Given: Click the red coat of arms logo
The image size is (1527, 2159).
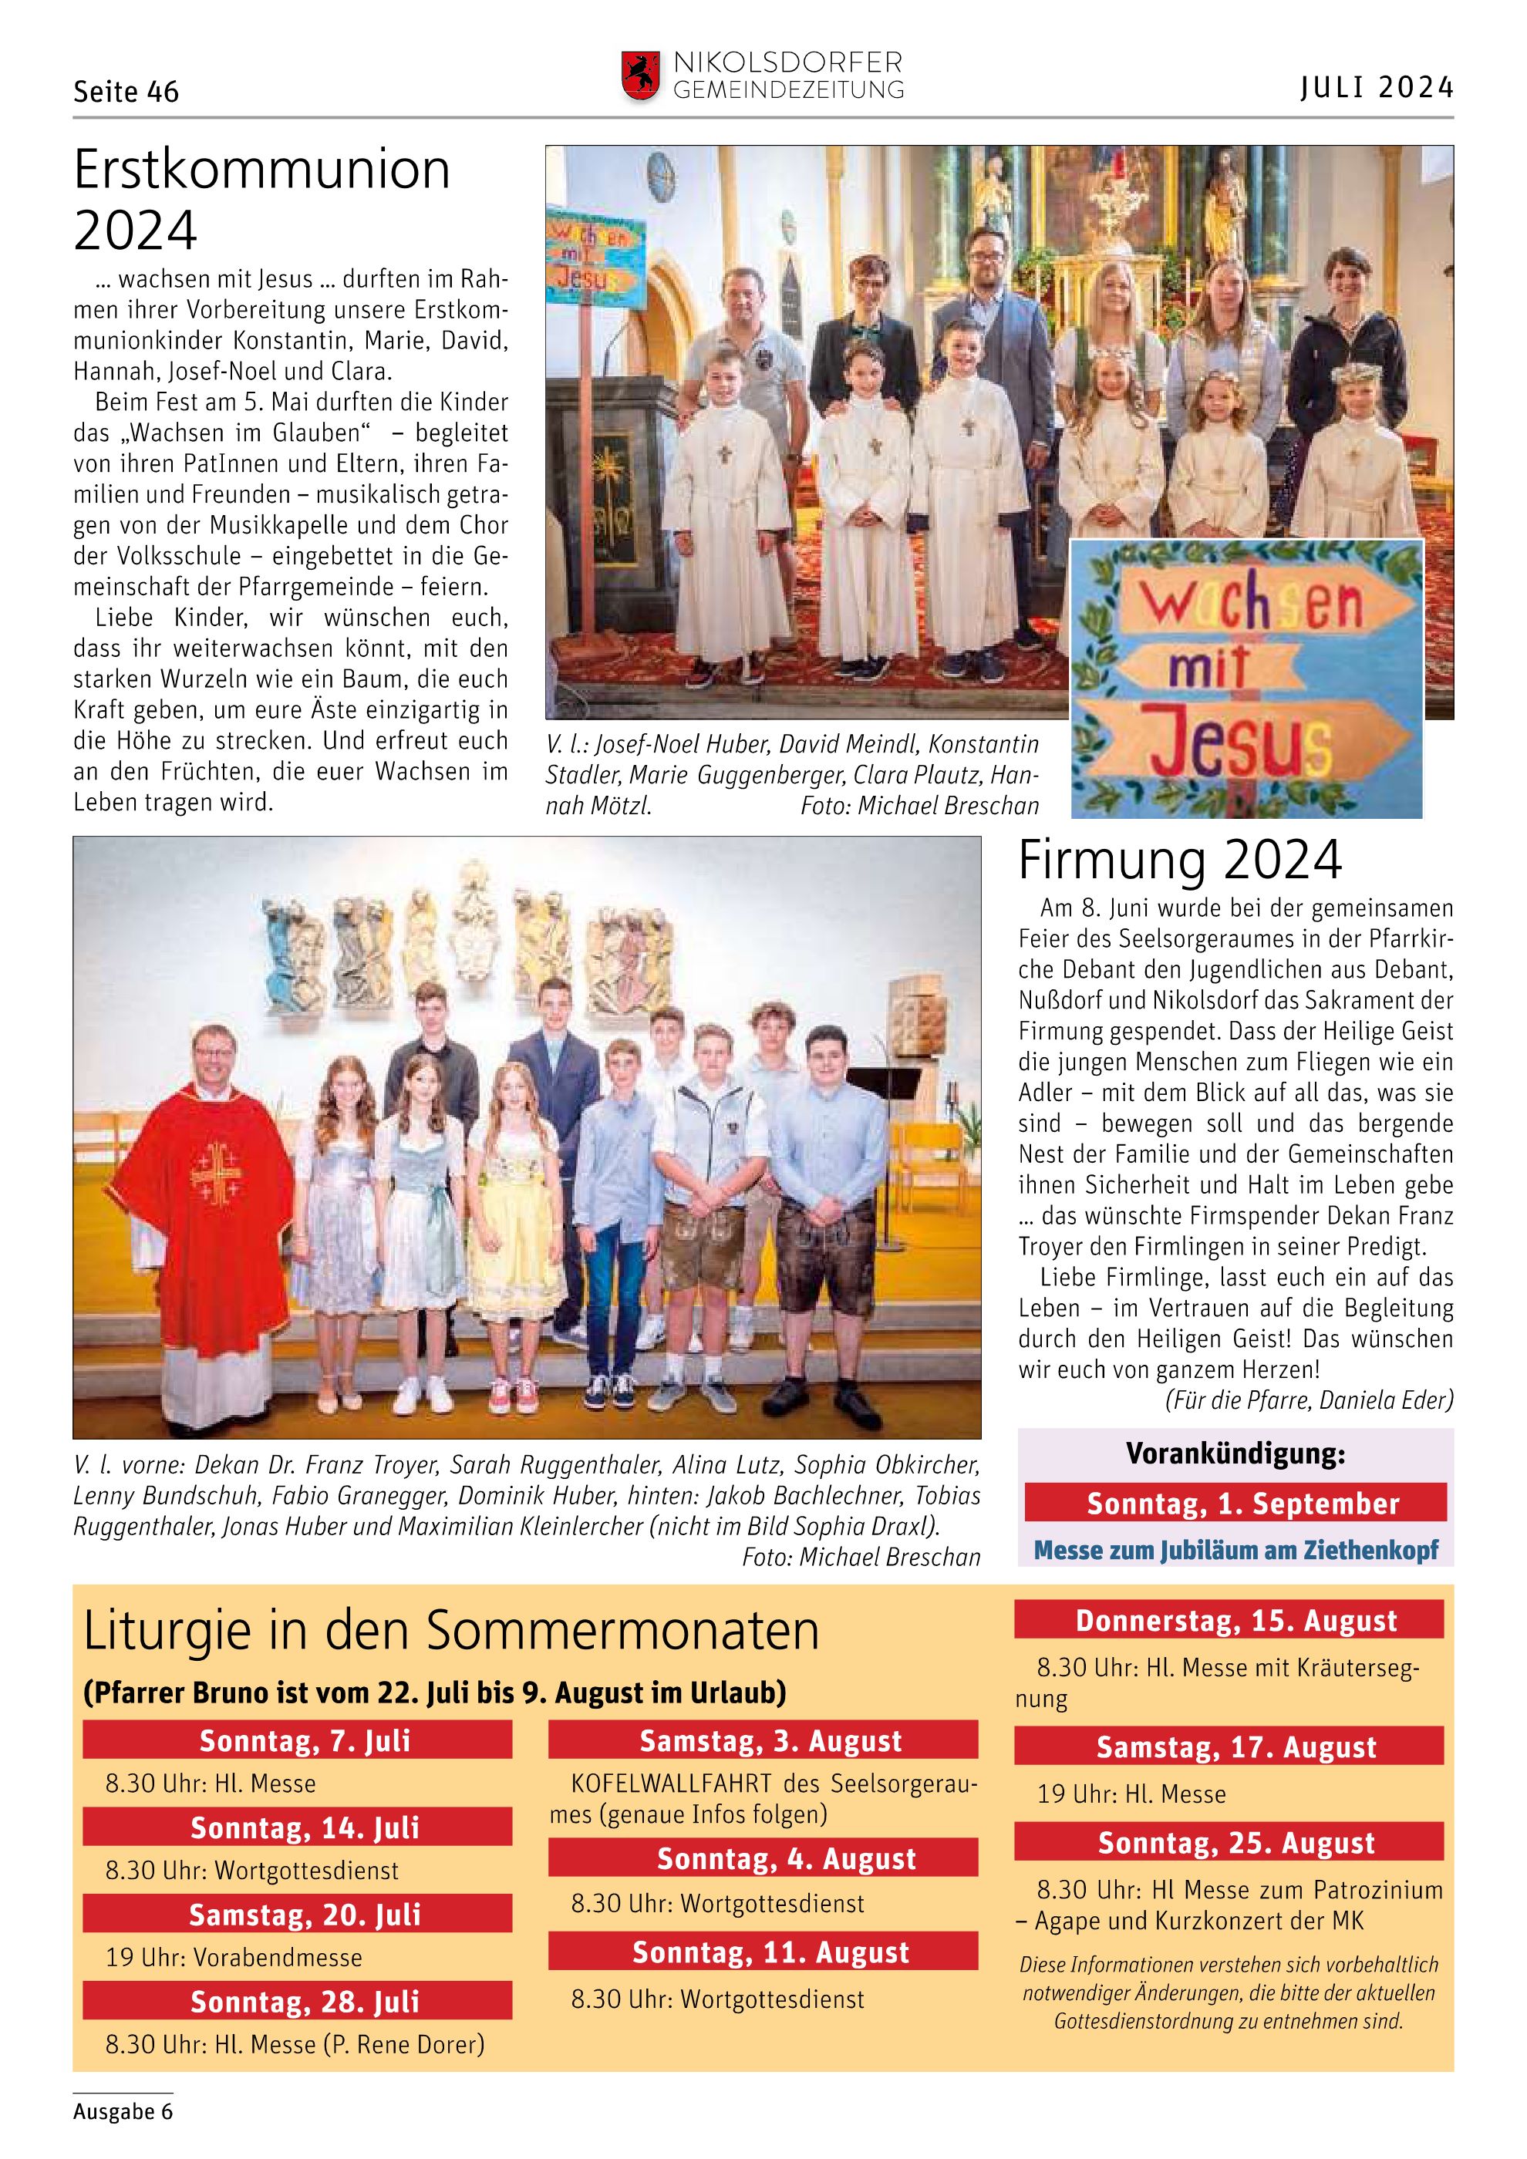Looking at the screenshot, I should pyautogui.click(x=639, y=76).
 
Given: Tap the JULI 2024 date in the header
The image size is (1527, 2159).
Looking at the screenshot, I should pyautogui.click(x=1377, y=89).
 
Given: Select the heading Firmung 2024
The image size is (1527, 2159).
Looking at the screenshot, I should pyautogui.click(x=1180, y=860).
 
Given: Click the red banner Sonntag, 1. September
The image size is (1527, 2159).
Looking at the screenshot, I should pyautogui.click(x=1235, y=1504).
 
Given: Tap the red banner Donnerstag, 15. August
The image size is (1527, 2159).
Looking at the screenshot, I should pyautogui.click(x=1228, y=1621).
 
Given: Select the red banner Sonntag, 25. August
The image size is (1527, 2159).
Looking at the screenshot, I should pyautogui.click(x=1228, y=1842).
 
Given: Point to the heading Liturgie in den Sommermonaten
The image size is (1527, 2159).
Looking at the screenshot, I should pyautogui.click(x=451, y=1632).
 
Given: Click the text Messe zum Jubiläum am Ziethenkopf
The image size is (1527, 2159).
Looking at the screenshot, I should pyautogui.click(x=1235, y=1550).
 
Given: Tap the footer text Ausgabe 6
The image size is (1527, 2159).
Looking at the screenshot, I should pyautogui.click(x=123, y=2111).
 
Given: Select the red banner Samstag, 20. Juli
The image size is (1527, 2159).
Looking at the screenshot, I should pyautogui.click(x=297, y=1915).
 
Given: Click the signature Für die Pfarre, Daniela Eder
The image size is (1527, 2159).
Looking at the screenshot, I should pyautogui.click(x=1309, y=1400).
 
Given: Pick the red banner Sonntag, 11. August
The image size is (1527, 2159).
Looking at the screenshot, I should pyautogui.click(x=763, y=1952).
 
